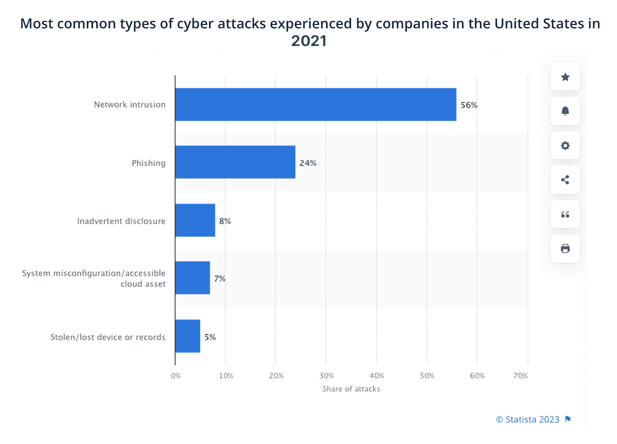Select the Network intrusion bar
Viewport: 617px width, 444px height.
click(316, 104)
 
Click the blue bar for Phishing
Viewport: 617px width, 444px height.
click(235, 162)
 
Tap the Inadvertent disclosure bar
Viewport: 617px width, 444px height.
click(195, 220)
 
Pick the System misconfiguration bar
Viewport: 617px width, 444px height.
click(193, 278)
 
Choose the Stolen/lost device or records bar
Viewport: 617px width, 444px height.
click(188, 336)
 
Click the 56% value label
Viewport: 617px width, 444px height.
click(469, 105)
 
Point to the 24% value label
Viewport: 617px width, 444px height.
click(307, 163)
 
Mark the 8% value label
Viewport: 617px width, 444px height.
click(225, 221)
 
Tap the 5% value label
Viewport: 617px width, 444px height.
click(210, 337)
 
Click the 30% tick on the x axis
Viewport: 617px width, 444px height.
click(326, 376)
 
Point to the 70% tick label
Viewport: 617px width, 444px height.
click(520, 376)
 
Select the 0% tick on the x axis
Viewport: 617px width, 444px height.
click(176, 376)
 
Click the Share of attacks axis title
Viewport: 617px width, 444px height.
click(351, 389)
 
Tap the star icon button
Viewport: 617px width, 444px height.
click(565, 77)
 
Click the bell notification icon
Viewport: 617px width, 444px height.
click(565, 111)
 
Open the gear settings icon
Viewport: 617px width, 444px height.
click(565, 146)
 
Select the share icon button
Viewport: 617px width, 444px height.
click(565, 180)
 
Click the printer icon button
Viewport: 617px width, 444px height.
click(565, 248)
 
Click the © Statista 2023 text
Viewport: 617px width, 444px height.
click(528, 419)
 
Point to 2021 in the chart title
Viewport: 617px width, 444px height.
click(309, 41)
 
